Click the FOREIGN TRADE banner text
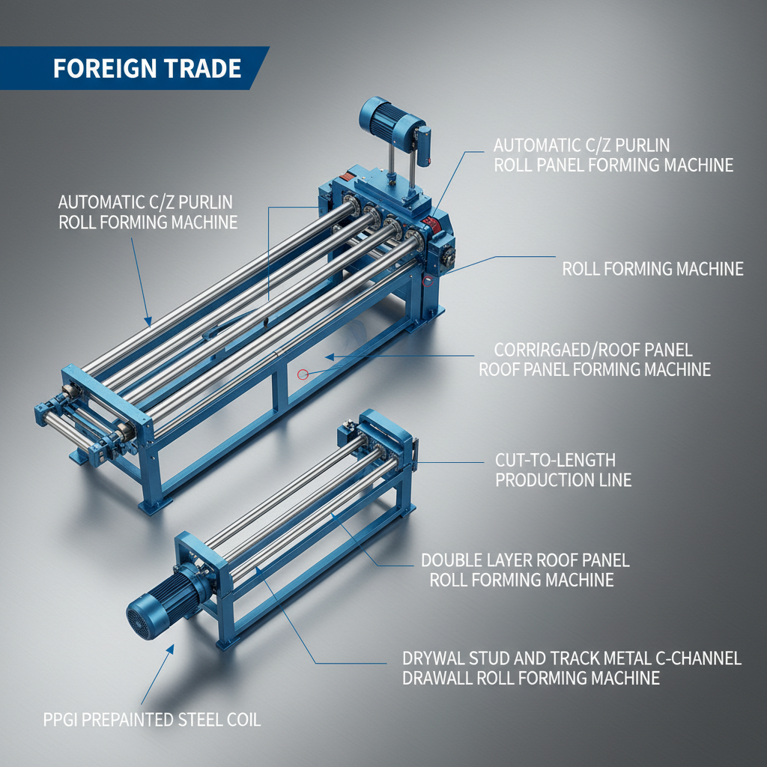147,69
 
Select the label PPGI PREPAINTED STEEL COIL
151,721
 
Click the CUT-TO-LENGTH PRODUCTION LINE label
563,470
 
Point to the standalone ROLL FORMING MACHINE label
652,269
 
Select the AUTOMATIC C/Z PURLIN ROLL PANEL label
613,155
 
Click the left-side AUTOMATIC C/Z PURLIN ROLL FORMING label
148,212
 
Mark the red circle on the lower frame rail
303,373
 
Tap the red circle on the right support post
428,282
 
